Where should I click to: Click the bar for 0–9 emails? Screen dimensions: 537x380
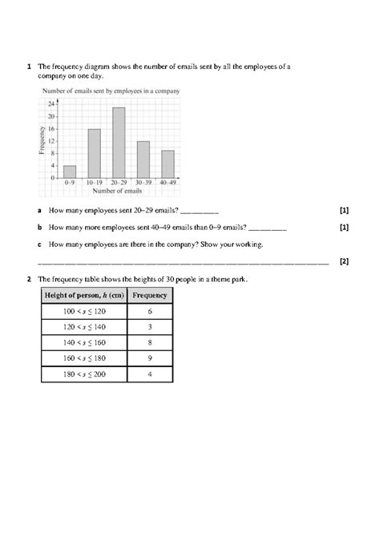70,172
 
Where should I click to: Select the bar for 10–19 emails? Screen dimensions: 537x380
94,153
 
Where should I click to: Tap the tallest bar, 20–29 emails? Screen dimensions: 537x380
119,142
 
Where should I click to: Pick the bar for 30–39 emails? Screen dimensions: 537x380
144,159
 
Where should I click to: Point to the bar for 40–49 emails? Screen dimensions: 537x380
168,164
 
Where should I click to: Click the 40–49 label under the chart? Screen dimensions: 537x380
168,184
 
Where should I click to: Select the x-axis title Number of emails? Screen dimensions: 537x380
118,191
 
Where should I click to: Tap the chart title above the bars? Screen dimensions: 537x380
109,92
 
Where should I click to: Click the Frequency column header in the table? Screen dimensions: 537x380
150,295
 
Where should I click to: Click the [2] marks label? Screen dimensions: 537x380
344,260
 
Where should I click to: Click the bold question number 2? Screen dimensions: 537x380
29,279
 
